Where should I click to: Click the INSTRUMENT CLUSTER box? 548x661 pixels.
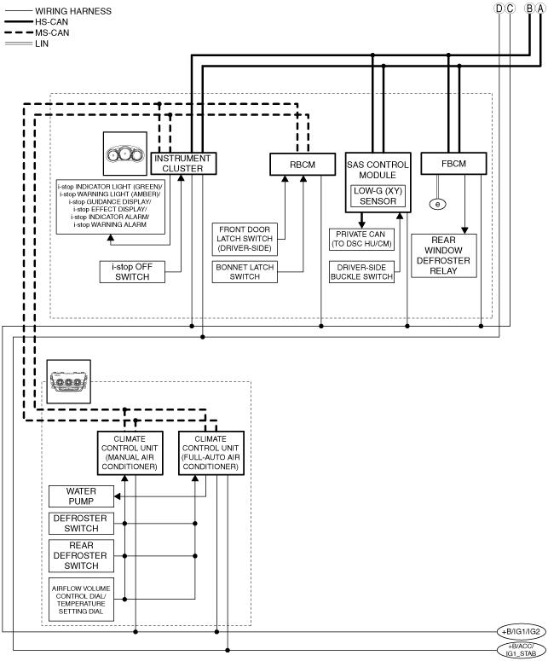[183, 163]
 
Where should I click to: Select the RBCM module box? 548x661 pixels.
[303, 165]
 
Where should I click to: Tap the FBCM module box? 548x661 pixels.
[453, 164]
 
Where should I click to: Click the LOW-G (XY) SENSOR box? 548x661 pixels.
[378, 196]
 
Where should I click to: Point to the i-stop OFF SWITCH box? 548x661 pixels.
[132, 272]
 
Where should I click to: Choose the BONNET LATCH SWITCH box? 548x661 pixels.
[245, 272]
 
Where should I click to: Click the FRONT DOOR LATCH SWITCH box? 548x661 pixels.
[245, 239]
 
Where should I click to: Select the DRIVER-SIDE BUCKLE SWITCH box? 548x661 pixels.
[361, 272]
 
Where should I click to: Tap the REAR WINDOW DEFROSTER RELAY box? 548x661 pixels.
[444, 256]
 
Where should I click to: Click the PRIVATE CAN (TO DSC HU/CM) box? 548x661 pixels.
[361, 240]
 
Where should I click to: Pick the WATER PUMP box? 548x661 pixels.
[81, 496]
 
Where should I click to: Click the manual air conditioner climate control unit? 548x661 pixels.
[130, 453]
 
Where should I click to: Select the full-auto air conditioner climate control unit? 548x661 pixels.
[211, 453]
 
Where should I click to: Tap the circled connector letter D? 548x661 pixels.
[499, 8]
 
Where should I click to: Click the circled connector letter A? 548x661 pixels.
[540, 8]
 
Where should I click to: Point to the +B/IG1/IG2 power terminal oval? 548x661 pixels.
[521, 632]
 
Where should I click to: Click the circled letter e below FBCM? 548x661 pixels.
[438, 204]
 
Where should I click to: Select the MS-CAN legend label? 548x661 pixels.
[52, 32]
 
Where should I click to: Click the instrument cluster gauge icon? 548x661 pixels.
[125, 154]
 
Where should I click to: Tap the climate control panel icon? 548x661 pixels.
[69, 381]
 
